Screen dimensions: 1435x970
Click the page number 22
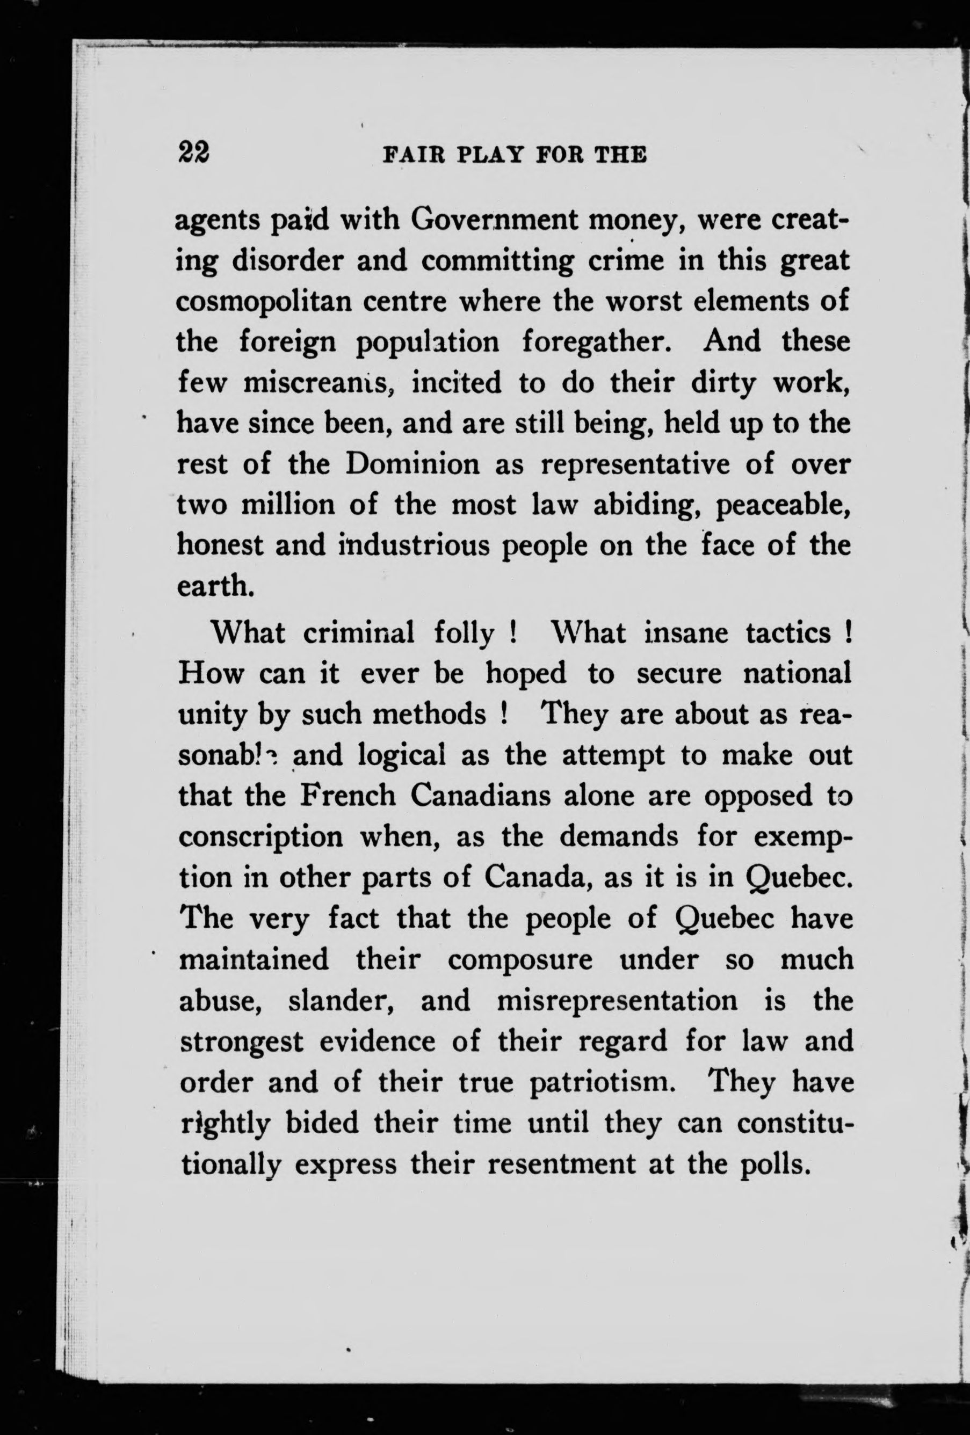(x=193, y=151)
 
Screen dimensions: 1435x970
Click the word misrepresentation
(x=617, y=1001)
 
